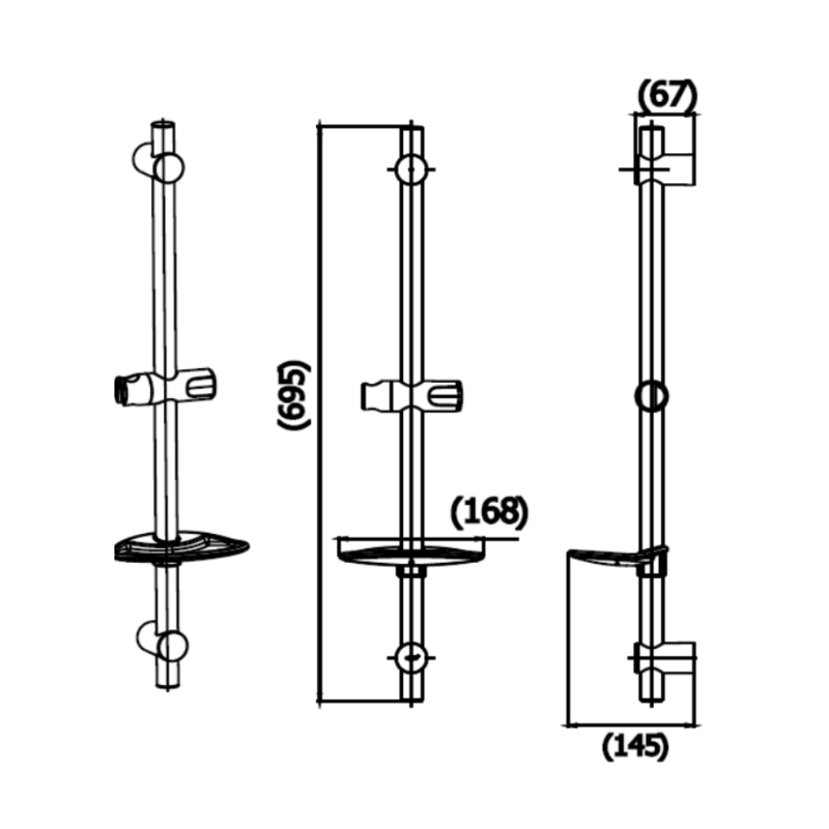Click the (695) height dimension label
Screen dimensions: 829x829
[294, 395]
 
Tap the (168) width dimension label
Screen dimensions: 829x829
[489, 513]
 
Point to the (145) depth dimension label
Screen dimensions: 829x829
[634, 747]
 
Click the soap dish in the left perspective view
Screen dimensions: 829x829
[182, 548]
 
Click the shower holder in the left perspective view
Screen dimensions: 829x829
[166, 388]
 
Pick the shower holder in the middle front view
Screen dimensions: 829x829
[410, 395]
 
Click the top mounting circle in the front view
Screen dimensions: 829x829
[411, 170]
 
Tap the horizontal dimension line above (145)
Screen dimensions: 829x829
[630, 725]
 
